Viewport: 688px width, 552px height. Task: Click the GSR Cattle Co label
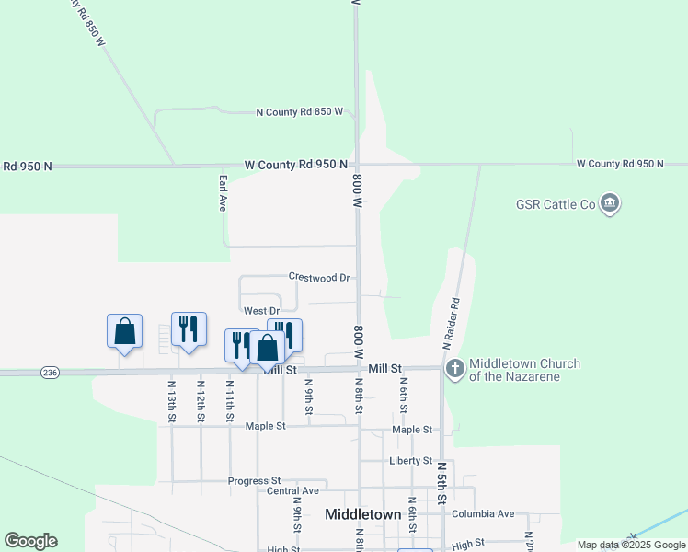coord(556,203)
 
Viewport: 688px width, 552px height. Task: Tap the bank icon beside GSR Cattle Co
coord(609,203)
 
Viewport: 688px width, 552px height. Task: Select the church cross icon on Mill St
coord(454,369)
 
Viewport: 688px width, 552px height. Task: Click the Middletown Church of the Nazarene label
coord(525,370)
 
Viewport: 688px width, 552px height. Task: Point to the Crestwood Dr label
coord(319,276)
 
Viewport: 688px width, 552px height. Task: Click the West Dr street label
coord(261,311)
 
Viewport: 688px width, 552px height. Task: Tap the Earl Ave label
coord(223,193)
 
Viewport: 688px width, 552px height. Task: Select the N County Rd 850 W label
coord(299,112)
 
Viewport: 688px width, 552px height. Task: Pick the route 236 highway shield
coord(50,372)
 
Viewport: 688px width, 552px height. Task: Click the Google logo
coord(30,541)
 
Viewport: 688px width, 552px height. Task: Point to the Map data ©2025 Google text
coord(631,545)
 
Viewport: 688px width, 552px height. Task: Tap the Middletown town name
coord(363,515)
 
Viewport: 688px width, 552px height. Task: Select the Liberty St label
coord(410,460)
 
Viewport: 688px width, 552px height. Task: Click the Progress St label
coord(255,481)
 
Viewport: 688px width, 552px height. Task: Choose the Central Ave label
coord(292,491)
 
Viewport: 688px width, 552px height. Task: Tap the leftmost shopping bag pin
coord(124,331)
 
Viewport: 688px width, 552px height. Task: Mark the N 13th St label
coord(172,401)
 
